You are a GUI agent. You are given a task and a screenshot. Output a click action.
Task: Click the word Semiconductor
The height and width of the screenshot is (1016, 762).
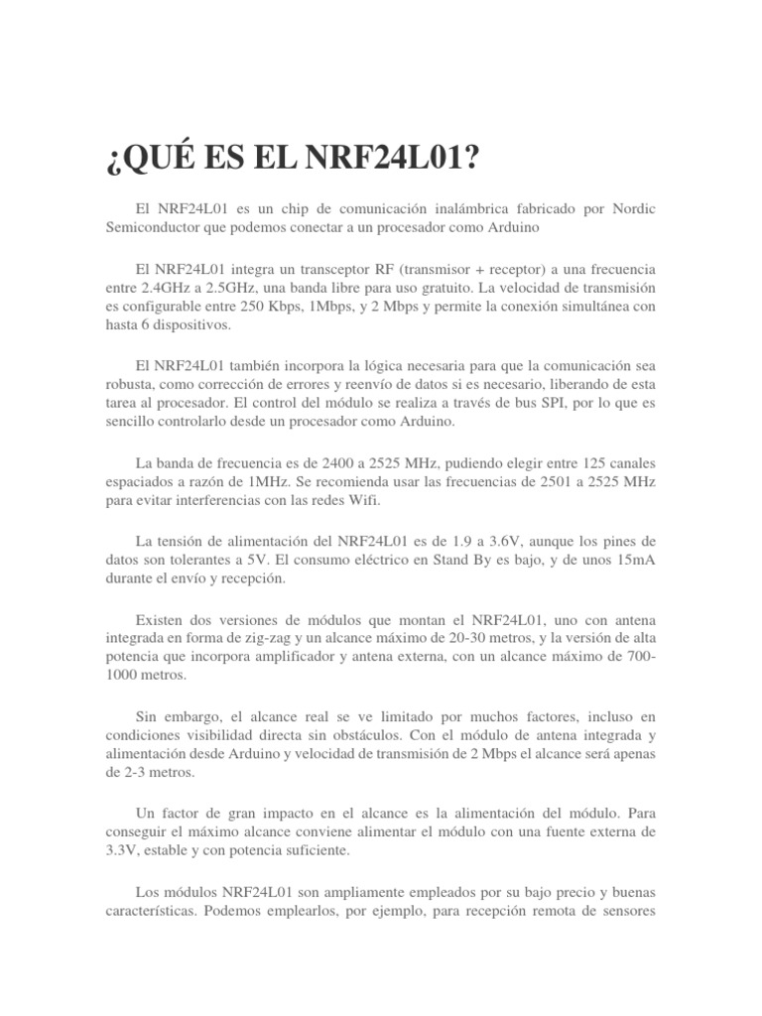point(154,227)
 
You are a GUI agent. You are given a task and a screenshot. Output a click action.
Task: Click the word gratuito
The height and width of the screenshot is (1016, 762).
point(447,289)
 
